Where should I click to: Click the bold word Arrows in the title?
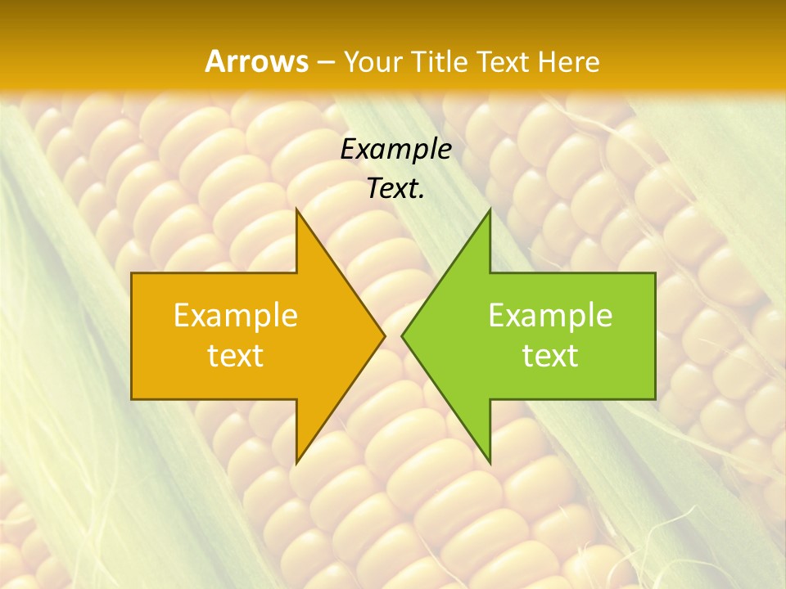tap(256, 61)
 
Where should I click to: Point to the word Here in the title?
tap(570, 61)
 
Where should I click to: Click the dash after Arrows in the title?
tap(325, 62)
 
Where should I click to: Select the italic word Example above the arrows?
tap(395, 149)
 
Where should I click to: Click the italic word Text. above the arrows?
tap(395, 188)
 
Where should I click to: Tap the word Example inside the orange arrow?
tap(236, 316)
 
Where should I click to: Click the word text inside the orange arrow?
tap(236, 356)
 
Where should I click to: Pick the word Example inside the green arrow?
tap(550, 316)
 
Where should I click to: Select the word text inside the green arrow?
tap(550, 356)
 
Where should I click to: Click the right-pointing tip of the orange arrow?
tap(385, 335)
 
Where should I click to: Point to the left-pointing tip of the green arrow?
tap(402, 335)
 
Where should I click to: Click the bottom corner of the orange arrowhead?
tap(296, 463)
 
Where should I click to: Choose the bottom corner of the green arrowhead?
tap(490, 463)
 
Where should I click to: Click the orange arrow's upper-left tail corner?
tap(132, 273)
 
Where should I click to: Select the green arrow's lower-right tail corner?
tap(655, 399)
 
